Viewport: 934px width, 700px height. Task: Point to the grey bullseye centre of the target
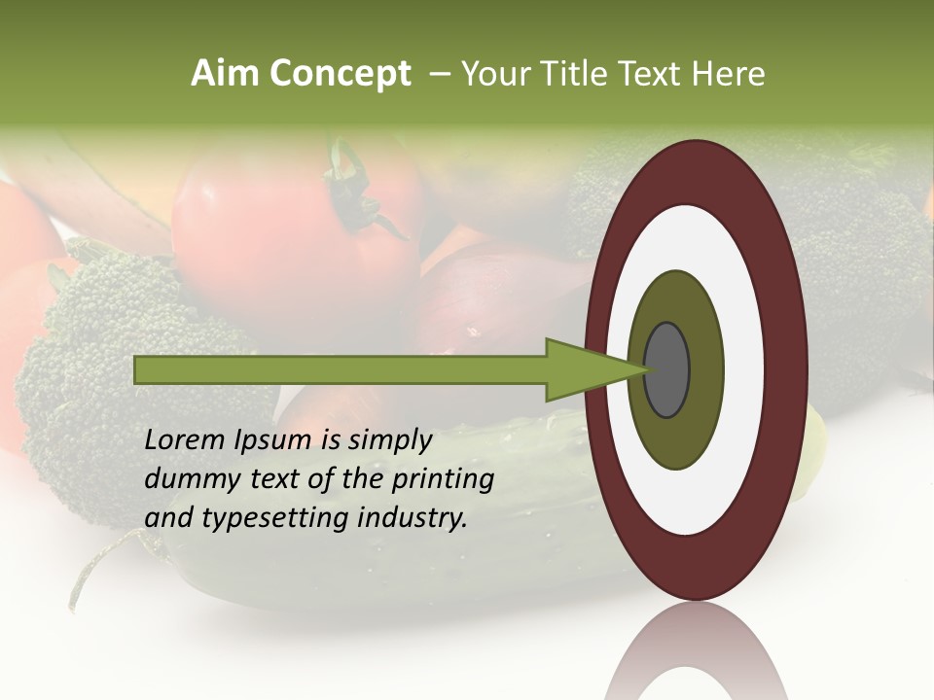click(x=667, y=369)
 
